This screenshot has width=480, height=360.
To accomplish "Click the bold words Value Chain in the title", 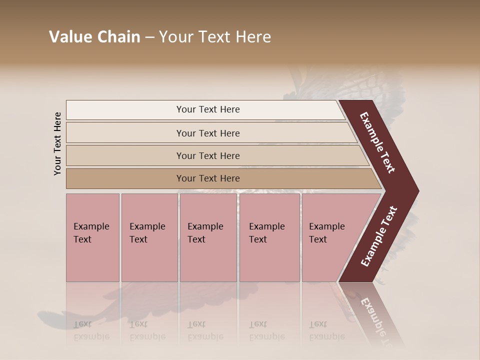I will click(x=94, y=37).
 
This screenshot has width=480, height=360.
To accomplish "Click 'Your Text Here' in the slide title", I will click(x=215, y=37).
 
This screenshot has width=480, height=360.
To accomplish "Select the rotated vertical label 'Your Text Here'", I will click(x=57, y=143).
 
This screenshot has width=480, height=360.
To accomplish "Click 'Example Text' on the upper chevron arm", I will click(x=377, y=142).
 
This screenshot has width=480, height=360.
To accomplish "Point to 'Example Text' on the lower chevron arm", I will click(x=378, y=236).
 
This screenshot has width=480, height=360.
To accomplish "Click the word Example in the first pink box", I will click(x=91, y=226).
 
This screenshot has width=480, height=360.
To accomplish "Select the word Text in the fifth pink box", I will click(x=317, y=239).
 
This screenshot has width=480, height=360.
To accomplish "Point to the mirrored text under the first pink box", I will click(x=91, y=330).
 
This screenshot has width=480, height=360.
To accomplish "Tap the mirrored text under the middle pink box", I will click(x=205, y=330).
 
